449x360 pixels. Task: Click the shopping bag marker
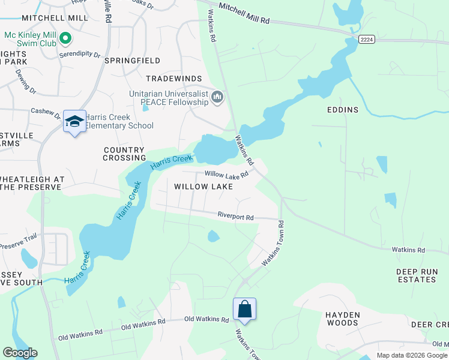click(244, 310)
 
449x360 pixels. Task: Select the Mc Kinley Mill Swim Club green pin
click(66, 40)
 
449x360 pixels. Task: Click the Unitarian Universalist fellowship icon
click(217, 97)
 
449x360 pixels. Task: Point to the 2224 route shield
click(367, 39)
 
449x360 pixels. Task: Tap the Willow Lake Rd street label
click(226, 175)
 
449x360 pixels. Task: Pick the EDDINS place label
click(342, 110)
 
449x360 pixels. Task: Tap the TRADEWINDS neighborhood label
click(175, 79)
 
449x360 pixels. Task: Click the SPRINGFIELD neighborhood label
click(132, 61)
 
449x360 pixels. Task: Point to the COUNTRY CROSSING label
click(124, 154)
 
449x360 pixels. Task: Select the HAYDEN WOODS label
click(342, 319)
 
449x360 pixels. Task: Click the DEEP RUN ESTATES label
click(415, 276)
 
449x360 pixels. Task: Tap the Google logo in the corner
click(20, 353)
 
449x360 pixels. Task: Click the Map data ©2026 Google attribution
click(412, 355)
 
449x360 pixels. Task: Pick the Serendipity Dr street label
click(79, 54)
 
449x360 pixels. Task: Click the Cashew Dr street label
click(46, 111)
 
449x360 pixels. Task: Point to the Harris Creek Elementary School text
click(119, 121)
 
